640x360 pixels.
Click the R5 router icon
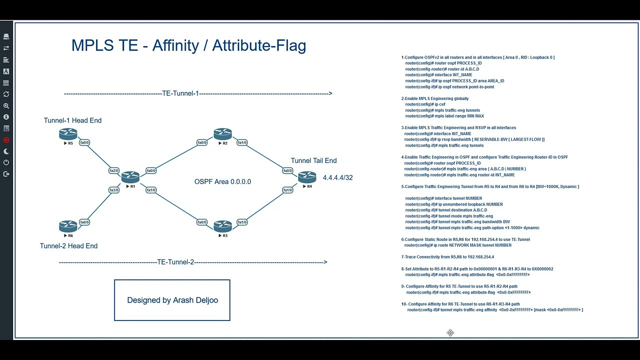point(68,134)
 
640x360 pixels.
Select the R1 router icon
point(130,177)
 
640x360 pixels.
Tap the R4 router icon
point(307,177)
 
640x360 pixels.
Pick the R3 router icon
point(222,226)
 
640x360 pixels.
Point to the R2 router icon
point(222,134)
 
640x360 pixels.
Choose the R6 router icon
point(68,226)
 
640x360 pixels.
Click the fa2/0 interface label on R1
point(114,170)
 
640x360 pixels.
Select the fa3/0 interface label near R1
point(114,190)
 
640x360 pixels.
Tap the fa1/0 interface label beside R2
point(242,142)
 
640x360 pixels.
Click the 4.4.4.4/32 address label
point(337,177)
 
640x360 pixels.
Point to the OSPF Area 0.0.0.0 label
point(222,181)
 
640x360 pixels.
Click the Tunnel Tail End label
point(313,160)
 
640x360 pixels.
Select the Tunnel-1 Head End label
point(72,120)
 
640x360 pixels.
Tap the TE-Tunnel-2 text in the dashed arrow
point(175,262)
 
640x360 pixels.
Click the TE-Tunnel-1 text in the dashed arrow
point(180,93)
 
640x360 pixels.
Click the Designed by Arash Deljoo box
point(172,300)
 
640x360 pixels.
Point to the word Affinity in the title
point(175,45)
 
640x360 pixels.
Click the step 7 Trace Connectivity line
point(447,257)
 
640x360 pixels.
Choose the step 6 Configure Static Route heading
point(465,239)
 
